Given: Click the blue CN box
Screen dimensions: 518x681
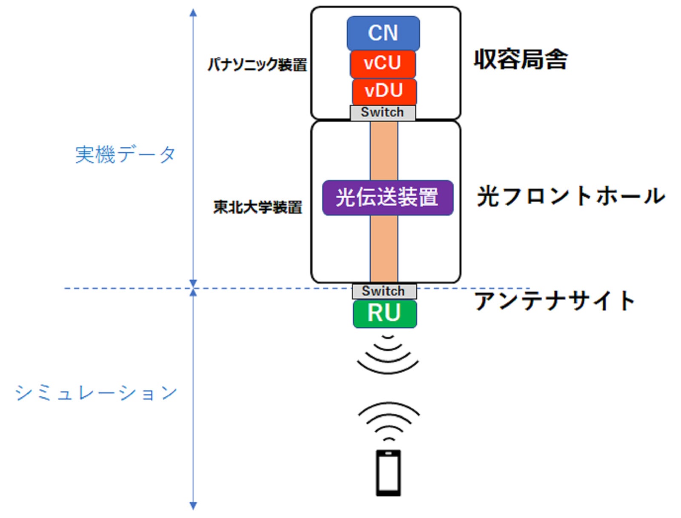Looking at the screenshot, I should (x=383, y=33).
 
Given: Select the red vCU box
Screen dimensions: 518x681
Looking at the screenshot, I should (x=383, y=63).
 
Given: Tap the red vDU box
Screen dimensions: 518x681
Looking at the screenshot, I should (x=384, y=91).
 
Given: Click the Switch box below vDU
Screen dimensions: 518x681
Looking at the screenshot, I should (x=383, y=112).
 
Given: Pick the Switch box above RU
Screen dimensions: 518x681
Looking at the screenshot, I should (x=384, y=291).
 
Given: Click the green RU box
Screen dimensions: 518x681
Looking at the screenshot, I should (x=385, y=313).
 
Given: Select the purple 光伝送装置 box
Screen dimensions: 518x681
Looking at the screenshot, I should (x=387, y=197).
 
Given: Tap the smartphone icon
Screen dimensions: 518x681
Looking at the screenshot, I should (x=388, y=472).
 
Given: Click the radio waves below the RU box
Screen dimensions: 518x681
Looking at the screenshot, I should (x=388, y=355).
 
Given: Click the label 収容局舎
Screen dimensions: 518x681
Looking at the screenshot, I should (x=521, y=59).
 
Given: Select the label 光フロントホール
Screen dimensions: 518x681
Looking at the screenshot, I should (x=570, y=197).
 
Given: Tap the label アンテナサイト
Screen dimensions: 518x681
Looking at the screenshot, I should (x=555, y=301).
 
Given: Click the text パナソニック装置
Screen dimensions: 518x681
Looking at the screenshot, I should (x=257, y=65).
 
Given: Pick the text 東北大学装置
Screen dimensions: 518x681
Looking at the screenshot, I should (x=258, y=207).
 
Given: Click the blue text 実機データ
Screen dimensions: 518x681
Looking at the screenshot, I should (x=125, y=154).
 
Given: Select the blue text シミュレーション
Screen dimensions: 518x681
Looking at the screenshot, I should (x=96, y=392).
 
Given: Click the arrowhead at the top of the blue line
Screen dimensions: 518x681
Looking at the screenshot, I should (x=193, y=13).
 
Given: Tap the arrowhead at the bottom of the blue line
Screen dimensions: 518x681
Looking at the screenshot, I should (x=193, y=505).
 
